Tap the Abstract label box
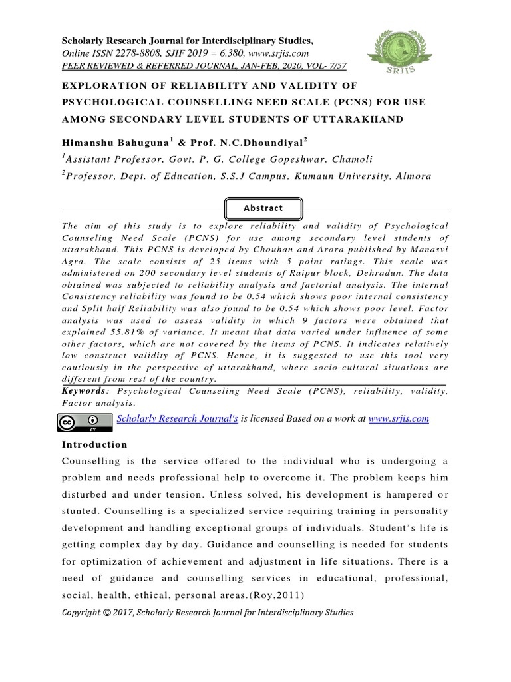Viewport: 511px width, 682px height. tap(263, 208)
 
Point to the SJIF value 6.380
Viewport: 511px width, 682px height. tap(236, 53)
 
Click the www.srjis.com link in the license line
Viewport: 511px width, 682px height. tap(398, 418)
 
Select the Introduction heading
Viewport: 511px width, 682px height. tap(94, 444)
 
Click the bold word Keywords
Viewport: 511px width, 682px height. tap(83, 391)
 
